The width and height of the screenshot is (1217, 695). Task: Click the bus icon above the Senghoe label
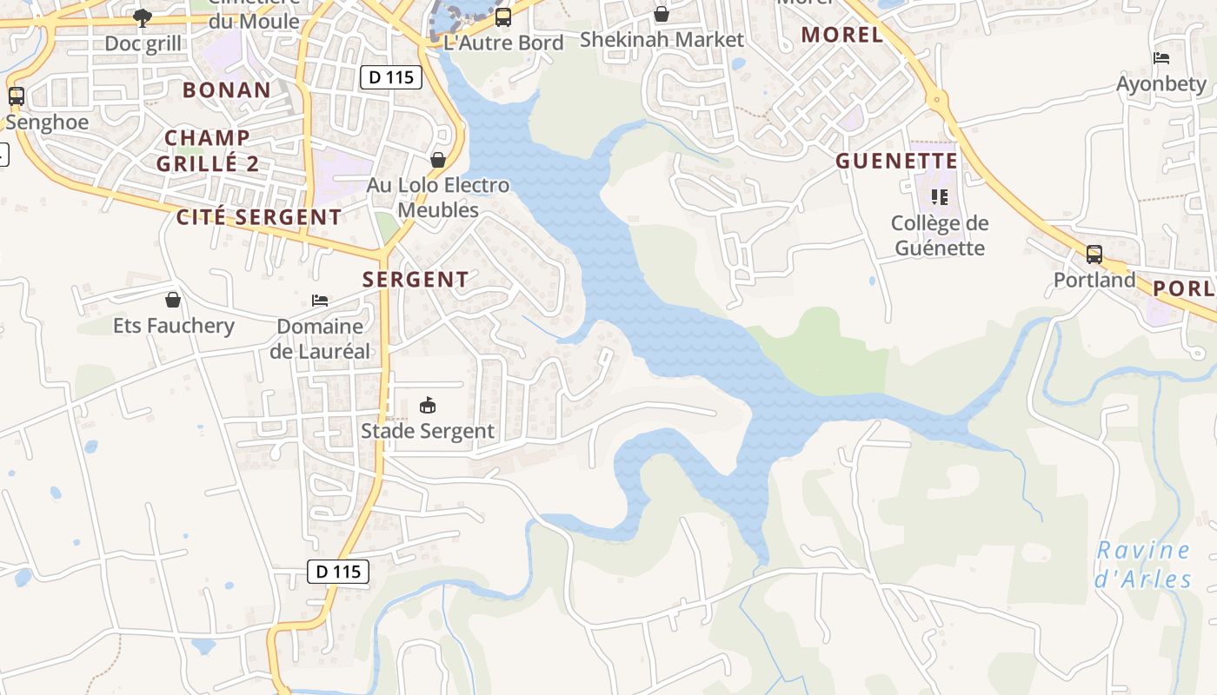click(x=17, y=96)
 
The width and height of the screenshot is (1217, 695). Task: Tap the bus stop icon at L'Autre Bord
click(x=502, y=17)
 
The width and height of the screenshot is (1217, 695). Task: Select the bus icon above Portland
click(x=1094, y=255)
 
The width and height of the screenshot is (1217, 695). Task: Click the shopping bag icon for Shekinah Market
click(x=662, y=14)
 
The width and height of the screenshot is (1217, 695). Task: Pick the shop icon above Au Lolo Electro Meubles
click(x=438, y=160)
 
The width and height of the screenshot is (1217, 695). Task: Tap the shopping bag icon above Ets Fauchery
click(x=173, y=300)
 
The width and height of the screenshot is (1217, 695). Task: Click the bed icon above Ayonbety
click(x=1161, y=58)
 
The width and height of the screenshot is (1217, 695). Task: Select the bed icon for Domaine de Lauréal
click(x=320, y=301)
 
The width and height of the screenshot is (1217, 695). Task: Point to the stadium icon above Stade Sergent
click(x=428, y=405)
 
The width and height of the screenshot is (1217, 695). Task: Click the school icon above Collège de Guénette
click(x=939, y=197)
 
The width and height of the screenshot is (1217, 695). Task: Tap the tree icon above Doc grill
click(x=143, y=17)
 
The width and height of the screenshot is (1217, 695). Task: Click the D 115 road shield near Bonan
click(x=391, y=77)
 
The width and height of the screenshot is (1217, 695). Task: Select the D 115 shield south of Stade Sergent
click(x=338, y=572)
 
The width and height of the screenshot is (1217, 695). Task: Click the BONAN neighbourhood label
click(x=227, y=89)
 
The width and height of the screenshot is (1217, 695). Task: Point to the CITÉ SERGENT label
click(x=259, y=217)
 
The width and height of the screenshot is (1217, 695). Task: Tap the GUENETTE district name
click(x=897, y=161)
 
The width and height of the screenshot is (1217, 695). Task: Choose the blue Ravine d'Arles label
click(x=1142, y=564)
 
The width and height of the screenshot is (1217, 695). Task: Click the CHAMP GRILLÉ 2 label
click(x=208, y=149)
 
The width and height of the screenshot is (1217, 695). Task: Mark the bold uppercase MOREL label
click(x=841, y=35)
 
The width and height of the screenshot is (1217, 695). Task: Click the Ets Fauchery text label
click(x=174, y=326)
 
